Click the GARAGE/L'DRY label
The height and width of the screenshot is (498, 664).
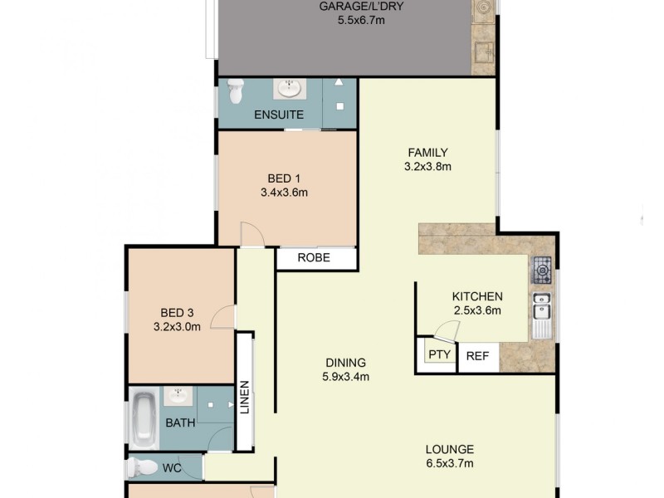(353, 7)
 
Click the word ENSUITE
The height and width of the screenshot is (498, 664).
(279, 115)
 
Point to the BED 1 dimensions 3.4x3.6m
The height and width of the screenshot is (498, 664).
(284, 193)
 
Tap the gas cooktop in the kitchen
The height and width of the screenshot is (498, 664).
(542, 268)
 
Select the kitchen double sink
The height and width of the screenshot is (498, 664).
(542, 308)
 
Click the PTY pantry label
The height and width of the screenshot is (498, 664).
(439, 354)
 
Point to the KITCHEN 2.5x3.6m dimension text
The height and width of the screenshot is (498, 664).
(476, 311)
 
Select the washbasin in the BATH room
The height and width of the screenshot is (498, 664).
(178, 396)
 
